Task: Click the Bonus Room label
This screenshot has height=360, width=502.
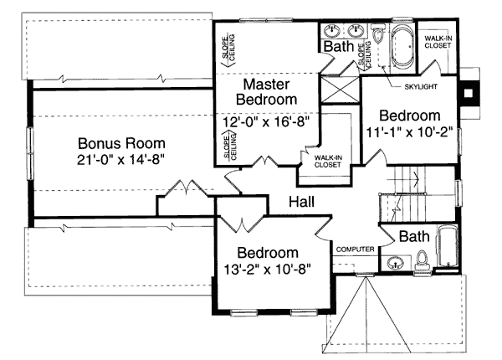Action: click(x=121, y=143)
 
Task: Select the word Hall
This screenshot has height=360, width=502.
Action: click(x=301, y=202)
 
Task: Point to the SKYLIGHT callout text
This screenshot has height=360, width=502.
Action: click(x=421, y=87)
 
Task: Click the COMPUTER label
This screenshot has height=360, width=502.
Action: click(x=355, y=249)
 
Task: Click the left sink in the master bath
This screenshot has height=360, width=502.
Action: click(x=331, y=31)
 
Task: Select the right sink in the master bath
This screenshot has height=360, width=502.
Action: click(x=356, y=31)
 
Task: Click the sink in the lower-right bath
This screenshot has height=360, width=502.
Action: click(x=395, y=263)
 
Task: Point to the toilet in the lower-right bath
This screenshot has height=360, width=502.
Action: click(x=421, y=260)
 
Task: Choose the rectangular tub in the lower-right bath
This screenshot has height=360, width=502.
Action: click(x=448, y=246)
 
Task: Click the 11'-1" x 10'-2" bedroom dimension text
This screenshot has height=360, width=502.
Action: click(x=409, y=132)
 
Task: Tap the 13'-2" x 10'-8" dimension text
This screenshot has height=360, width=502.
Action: click(x=267, y=269)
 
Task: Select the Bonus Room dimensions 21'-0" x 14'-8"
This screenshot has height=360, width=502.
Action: click(x=121, y=159)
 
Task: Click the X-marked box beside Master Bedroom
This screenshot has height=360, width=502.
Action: click(x=340, y=90)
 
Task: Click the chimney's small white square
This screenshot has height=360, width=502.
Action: click(x=469, y=93)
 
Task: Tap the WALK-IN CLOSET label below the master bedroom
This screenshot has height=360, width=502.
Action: click(x=328, y=162)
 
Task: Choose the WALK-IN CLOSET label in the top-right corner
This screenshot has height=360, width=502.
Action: click(x=438, y=42)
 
